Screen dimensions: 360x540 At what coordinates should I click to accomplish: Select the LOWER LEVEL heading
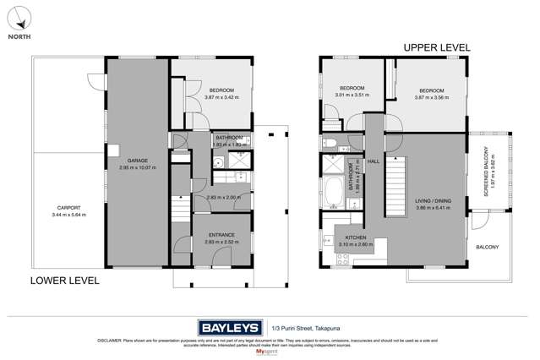(x=65, y=280)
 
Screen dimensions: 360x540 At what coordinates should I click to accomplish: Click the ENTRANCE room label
(x=220, y=235)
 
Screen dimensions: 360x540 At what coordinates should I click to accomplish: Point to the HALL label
(x=372, y=160)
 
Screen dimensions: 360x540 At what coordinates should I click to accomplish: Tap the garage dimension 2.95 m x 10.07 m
(x=138, y=167)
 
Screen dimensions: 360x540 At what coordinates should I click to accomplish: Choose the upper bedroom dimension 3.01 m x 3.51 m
(x=352, y=96)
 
